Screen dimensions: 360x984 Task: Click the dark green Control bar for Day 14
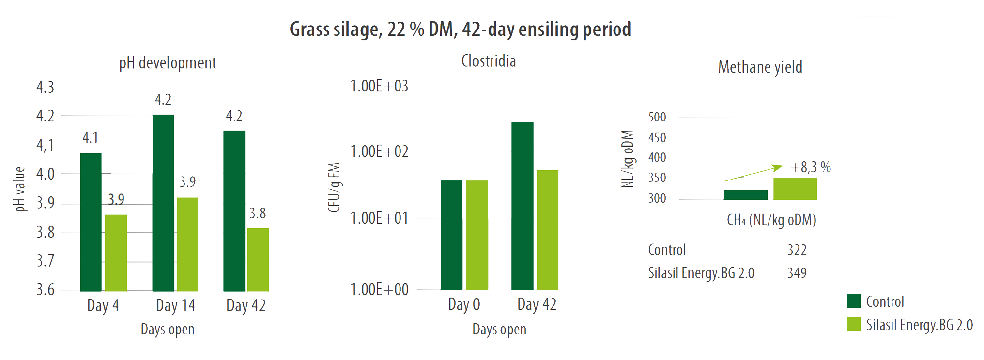tap(163, 203)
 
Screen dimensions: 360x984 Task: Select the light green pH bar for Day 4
tap(116, 253)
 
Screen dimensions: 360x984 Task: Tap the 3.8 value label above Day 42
tap(257, 213)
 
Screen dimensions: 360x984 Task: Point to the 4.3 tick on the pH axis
tap(45, 87)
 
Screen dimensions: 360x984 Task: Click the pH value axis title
tap(20, 189)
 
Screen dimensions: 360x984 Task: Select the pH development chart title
tap(167, 63)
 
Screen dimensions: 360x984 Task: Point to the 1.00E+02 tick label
tap(379, 151)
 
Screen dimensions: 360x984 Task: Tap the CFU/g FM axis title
tap(335, 187)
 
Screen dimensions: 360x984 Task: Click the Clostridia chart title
tap(488, 61)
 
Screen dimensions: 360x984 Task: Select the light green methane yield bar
tap(795, 188)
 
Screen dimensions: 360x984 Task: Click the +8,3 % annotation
tap(810, 167)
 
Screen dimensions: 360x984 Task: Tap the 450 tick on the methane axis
tap(657, 138)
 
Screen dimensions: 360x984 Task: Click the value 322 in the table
tap(797, 250)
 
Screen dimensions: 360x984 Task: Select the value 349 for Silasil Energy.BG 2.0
tap(797, 273)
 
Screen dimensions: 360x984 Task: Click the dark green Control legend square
tap(854, 301)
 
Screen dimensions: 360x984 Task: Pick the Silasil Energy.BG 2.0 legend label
tap(919, 325)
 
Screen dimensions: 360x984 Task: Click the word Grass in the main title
tap(309, 30)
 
